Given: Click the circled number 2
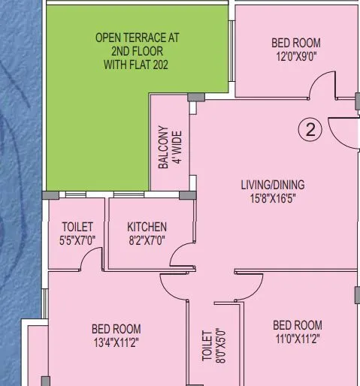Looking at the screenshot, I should [x=310, y=129].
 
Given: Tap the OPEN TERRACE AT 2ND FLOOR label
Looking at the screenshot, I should [x=137, y=44].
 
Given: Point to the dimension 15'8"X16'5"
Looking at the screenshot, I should [x=273, y=199].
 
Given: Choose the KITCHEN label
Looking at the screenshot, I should [x=147, y=227].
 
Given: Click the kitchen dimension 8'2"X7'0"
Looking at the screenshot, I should [x=147, y=240].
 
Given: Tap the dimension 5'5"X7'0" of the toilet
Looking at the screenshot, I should [x=78, y=240].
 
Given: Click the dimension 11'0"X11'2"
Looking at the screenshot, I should [x=297, y=339].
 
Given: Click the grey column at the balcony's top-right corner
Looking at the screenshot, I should [x=194, y=98].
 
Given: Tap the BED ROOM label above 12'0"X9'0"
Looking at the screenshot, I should [x=296, y=44].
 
